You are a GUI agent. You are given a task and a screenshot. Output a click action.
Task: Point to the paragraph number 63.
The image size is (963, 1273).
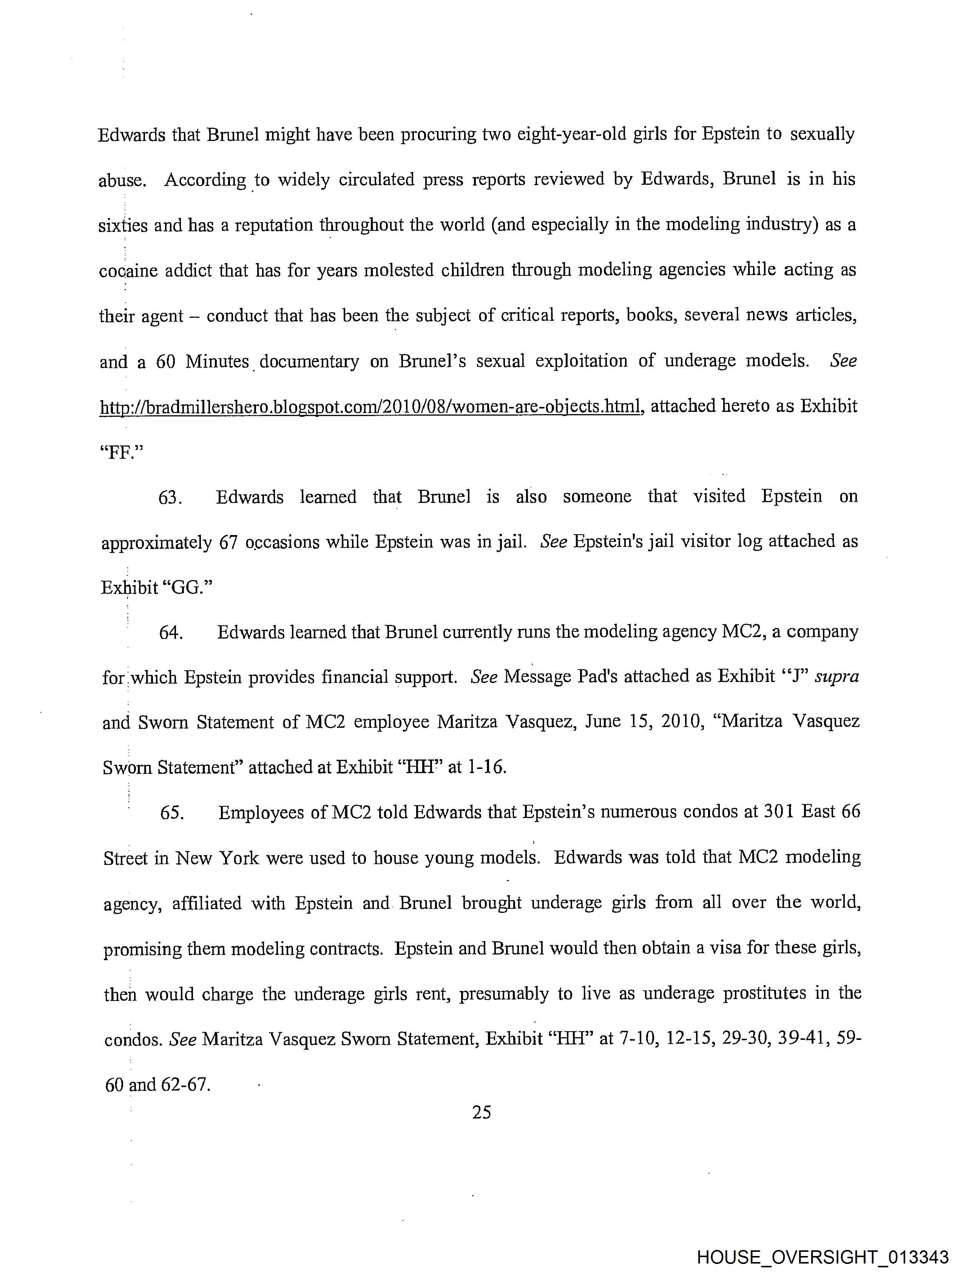pyautogui.click(x=170, y=498)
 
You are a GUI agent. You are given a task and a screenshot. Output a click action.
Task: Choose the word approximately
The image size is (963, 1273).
pyautogui.click(x=156, y=543)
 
